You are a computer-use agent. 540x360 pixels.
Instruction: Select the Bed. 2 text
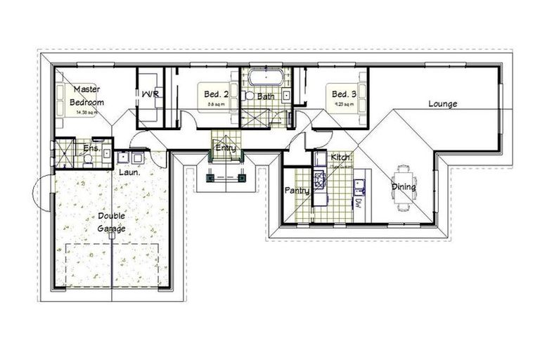217,94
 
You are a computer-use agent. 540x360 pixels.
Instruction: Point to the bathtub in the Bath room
265,77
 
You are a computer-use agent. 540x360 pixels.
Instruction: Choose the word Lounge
443,104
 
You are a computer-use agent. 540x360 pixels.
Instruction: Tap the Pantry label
297,191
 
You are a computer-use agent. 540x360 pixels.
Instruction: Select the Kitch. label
341,157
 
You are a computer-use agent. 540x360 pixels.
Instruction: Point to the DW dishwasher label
358,204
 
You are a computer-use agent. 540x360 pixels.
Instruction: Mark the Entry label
226,147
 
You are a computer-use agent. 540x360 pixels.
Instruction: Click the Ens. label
91,148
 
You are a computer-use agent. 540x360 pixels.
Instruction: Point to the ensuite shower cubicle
64,153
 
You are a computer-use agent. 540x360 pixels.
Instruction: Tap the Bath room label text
265,96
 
